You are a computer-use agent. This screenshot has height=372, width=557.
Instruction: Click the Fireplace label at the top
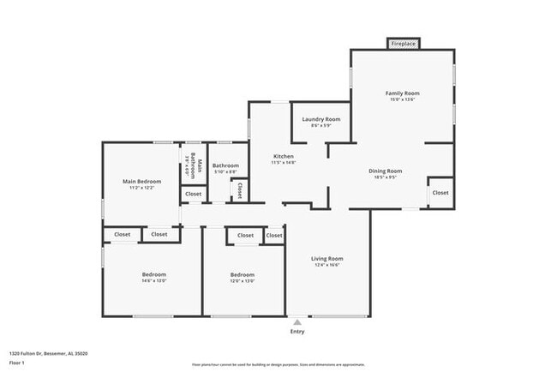(x=403, y=43)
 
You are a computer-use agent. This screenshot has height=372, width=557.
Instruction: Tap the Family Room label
(x=402, y=93)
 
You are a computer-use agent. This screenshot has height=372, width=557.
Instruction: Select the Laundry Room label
(x=321, y=119)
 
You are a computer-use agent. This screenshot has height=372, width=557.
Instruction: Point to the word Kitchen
(x=283, y=156)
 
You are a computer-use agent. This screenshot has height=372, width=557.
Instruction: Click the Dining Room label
(x=385, y=171)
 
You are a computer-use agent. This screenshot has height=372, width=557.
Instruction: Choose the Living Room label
(x=326, y=259)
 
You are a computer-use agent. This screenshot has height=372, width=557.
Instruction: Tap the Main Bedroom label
(x=141, y=181)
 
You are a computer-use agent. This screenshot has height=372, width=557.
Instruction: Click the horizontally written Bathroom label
(x=225, y=165)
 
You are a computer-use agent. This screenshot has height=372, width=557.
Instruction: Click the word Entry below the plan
(x=297, y=332)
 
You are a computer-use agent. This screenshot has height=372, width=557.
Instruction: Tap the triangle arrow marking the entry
(x=297, y=322)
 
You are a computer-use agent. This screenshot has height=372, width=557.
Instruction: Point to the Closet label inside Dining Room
(x=440, y=193)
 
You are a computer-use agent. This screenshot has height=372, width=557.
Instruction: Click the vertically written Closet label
(x=239, y=189)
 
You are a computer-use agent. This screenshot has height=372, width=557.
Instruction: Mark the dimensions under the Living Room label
(x=326, y=266)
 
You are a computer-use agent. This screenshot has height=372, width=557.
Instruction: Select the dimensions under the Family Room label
(x=402, y=99)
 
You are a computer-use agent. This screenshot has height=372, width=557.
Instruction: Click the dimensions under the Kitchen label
(x=283, y=163)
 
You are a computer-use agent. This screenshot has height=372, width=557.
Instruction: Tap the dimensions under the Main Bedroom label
(x=141, y=188)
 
